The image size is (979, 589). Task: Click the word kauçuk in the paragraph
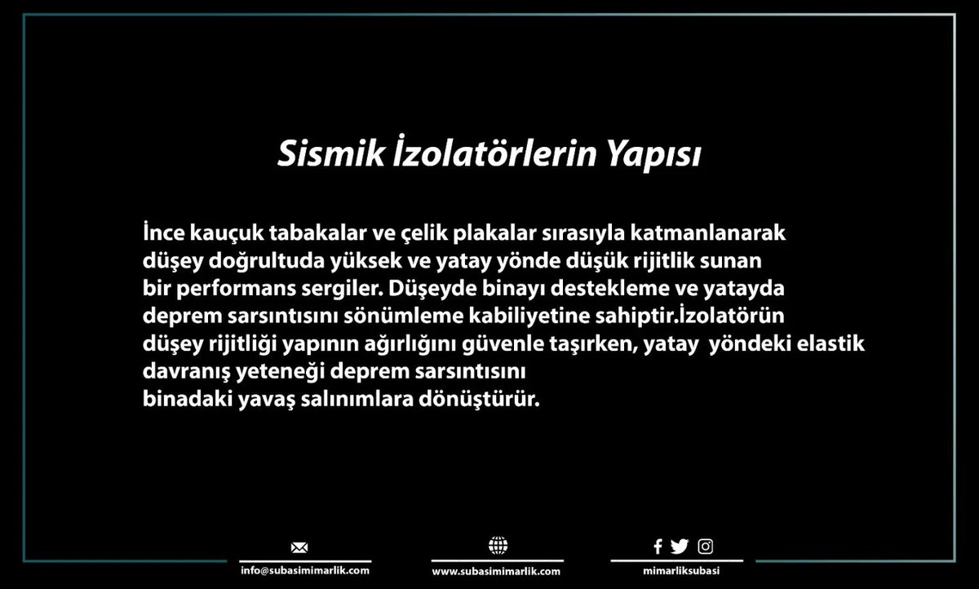[x=215, y=233]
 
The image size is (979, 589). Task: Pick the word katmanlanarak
[x=708, y=233]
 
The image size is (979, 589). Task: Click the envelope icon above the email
[x=299, y=547]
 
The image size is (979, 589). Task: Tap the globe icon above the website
[x=497, y=546]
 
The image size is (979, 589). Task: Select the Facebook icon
[x=658, y=547]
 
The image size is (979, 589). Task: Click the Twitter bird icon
[x=679, y=547]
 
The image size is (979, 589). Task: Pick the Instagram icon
[x=705, y=547]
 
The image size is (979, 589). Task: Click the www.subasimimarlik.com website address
[x=496, y=572]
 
